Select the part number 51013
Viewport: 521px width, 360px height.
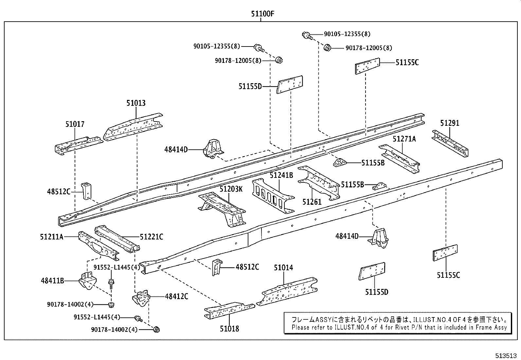(x=136, y=103)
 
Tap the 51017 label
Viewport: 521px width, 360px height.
(x=75, y=124)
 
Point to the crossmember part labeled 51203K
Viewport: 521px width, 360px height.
(x=223, y=210)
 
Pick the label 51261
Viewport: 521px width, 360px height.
(x=312, y=202)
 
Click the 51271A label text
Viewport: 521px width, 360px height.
(x=404, y=139)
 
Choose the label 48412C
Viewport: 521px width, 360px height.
(x=176, y=296)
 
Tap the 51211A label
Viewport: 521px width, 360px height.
(x=52, y=237)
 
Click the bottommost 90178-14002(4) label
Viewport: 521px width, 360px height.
(x=114, y=330)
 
